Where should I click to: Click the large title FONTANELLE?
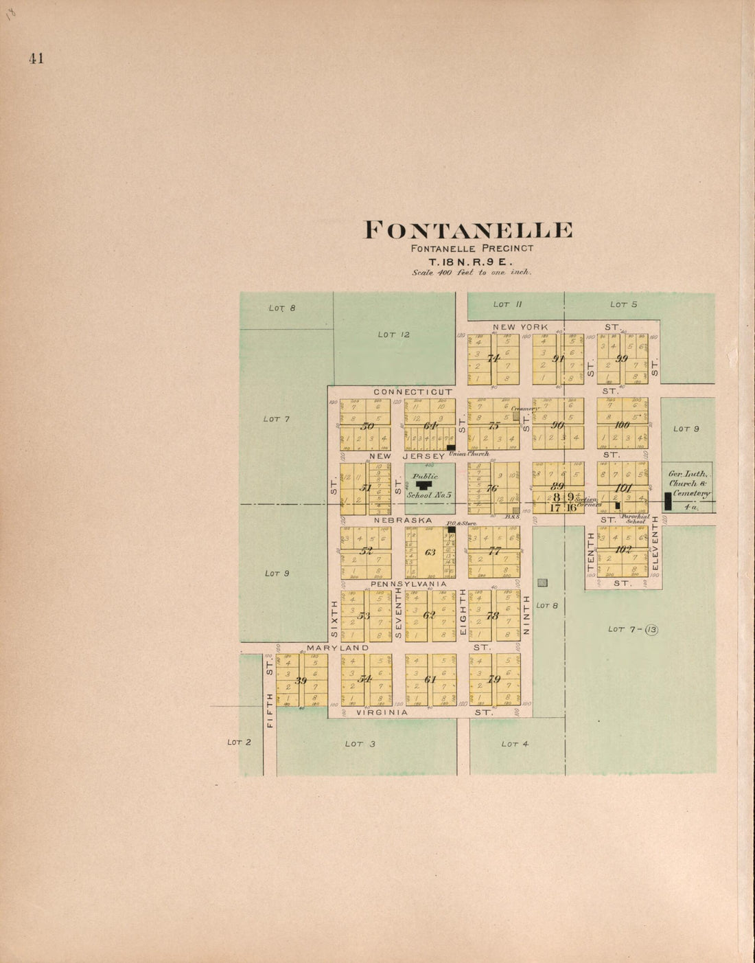pyautogui.click(x=467, y=230)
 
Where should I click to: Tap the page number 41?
pyautogui.click(x=36, y=58)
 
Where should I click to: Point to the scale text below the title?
pyautogui.click(x=472, y=273)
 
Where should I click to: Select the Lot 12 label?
pyautogui.click(x=394, y=335)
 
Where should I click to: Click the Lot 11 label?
pyautogui.click(x=508, y=304)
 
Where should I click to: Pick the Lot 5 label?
pyautogui.click(x=624, y=304)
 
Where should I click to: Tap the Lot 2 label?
pyautogui.click(x=239, y=743)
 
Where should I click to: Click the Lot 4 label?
pyautogui.click(x=515, y=744)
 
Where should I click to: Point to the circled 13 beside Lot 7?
pyautogui.click(x=651, y=629)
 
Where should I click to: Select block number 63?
pyautogui.click(x=430, y=552)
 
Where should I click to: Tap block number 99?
pyautogui.click(x=622, y=359)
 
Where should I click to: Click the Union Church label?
pyautogui.click(x=469, y=454)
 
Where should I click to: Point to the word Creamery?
pyautogui.click(x=522, y=409)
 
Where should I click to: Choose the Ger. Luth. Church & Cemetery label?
pyautogui.click(x=690, y=484)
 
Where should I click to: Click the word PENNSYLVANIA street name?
pyautogui.click(x=408, y=584)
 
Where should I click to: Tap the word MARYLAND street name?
pyautogui.click(x=338, y=648)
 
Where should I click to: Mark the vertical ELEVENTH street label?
pyautogui.click(x=655, y=543)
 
